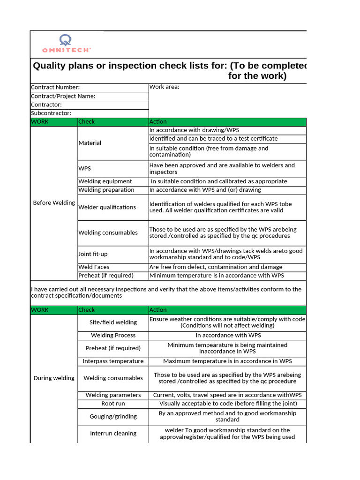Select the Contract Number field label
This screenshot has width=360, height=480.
coord(55,87)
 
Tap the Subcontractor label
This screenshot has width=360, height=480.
coord(51,113)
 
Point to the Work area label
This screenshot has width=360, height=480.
coord(164,87)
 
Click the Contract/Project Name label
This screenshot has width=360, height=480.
coord(63,96)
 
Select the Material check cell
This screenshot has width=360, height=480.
coord(90,143)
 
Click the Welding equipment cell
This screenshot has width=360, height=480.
coord(105,181)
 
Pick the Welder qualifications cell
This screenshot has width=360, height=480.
coord(107,207)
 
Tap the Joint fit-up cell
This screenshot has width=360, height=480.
coord(93,254)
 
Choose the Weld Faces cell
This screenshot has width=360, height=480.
coord(94,267)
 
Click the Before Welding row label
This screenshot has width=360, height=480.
coord(54,203)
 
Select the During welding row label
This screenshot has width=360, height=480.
coord(54,378)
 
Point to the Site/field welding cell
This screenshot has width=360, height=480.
coord(113,322)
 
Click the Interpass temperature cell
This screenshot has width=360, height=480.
coord(113,361)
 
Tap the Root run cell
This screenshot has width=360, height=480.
coord(113,404)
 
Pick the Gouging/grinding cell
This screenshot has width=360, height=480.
coord(113,416)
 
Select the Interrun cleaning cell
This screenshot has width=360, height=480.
coord(113,434)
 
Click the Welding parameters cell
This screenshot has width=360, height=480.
coord(113,395)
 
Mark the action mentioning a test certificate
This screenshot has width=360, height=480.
coord(213,139)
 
